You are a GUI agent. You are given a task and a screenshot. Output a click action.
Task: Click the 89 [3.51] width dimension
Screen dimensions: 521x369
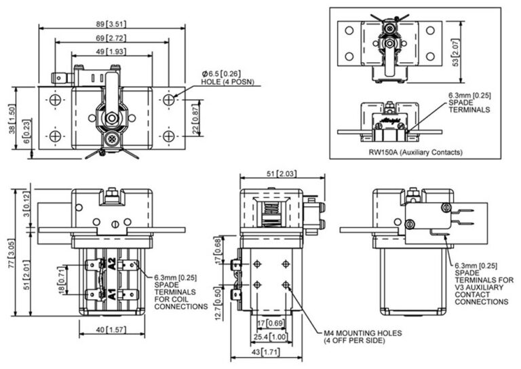[111, 24]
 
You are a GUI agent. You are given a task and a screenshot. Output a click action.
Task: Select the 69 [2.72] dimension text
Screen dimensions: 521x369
[111, 38]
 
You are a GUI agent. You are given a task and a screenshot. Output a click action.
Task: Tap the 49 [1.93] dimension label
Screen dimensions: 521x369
[111, 52]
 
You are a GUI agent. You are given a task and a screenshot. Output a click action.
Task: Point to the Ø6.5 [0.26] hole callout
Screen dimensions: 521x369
[221, 73]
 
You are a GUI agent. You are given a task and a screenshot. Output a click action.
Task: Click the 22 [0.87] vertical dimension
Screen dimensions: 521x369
[195, 118]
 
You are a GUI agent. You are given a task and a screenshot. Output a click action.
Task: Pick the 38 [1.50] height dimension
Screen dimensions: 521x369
[12, 119]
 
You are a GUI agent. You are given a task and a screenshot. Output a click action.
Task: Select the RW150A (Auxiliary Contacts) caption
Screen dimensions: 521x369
[415, 153]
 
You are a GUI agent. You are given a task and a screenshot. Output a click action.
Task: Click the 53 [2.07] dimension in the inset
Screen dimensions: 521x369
[456, 52]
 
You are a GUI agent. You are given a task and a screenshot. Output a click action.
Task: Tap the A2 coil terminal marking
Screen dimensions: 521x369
[112, 264]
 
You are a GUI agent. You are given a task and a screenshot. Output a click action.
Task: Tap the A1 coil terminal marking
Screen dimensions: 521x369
[112, 294]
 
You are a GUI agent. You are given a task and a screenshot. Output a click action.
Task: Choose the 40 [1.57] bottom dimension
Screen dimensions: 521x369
[111, 330]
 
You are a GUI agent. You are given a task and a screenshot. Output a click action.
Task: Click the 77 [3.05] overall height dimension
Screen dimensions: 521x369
[12, 253]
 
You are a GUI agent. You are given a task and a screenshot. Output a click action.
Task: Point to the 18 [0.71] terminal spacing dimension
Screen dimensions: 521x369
[62, 280]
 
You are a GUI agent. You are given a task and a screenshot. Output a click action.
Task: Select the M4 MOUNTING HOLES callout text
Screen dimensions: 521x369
[363, 333]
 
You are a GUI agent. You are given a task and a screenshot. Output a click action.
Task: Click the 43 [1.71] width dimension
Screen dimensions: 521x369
[265, 352]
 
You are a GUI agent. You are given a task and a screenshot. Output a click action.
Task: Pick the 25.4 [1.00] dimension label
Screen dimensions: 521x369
[270, 337]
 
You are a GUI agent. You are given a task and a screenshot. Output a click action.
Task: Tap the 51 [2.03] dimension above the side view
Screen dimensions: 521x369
[282, 174]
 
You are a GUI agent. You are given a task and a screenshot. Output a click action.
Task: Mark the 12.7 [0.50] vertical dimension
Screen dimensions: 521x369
[218, 305]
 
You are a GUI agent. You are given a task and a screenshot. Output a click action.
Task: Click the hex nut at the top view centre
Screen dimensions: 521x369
[112, 118]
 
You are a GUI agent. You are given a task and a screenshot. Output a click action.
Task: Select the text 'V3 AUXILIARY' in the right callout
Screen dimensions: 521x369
[479, 288]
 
